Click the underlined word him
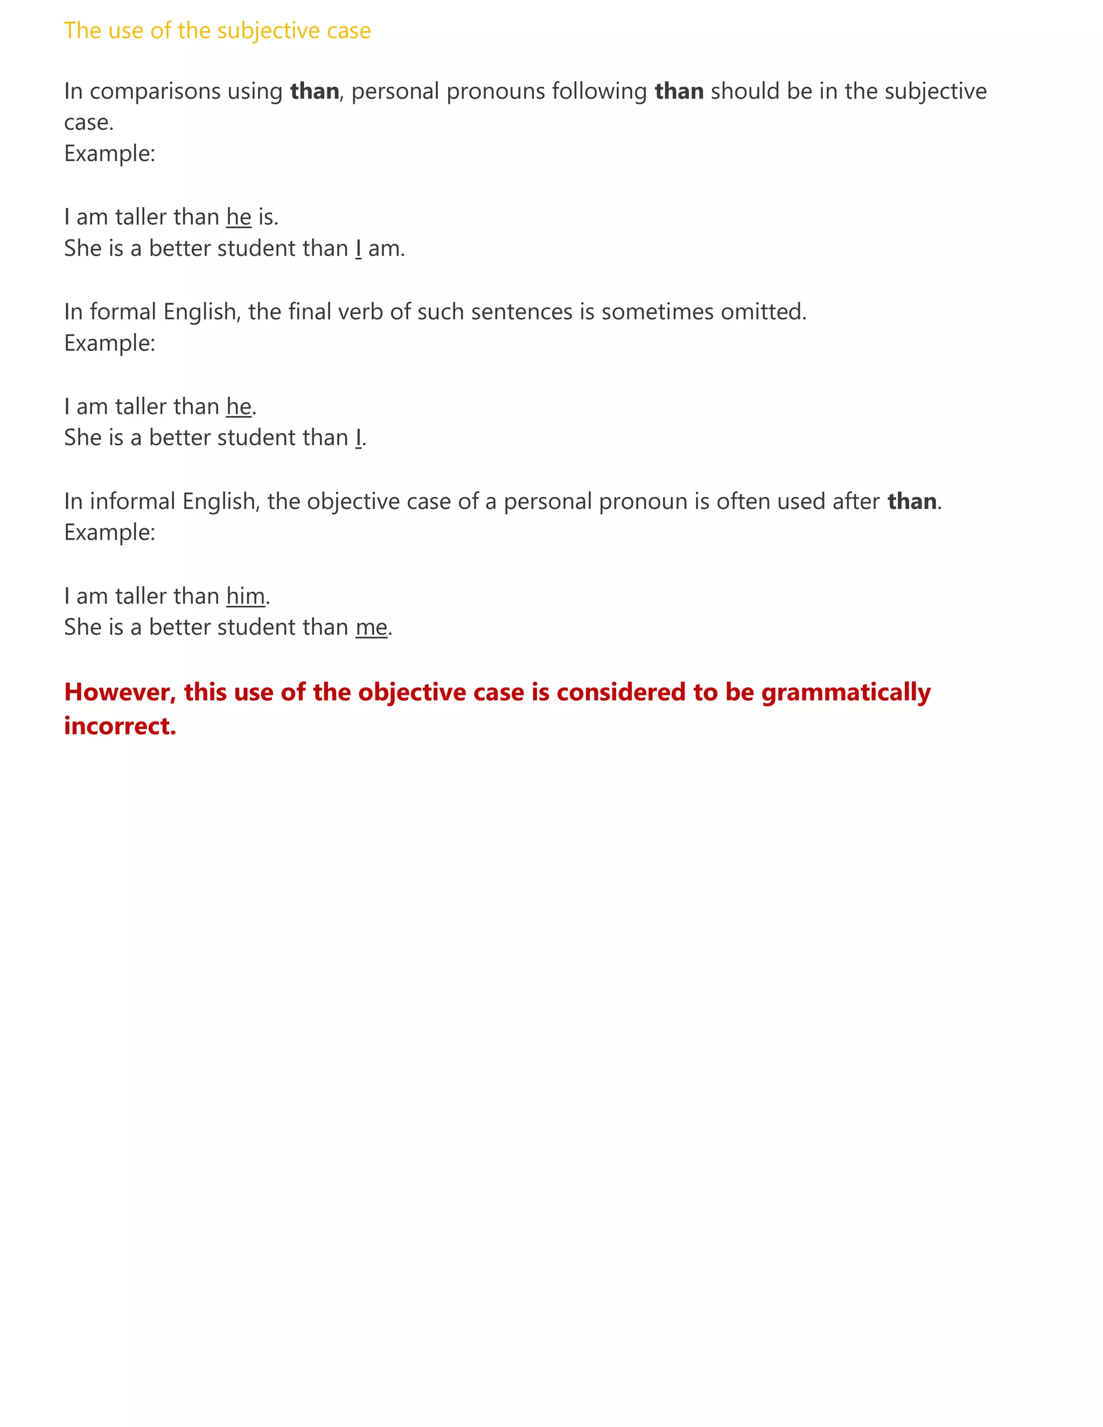pyautogui.click(x=246, y=596)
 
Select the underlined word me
pyautogui.click(x=371, y=627)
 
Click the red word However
pyautogui.click(x=120, y=692)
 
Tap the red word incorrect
pyautogui.click(x=120, y=726)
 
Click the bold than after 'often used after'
pyautogui.click(x=912, y=501)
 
